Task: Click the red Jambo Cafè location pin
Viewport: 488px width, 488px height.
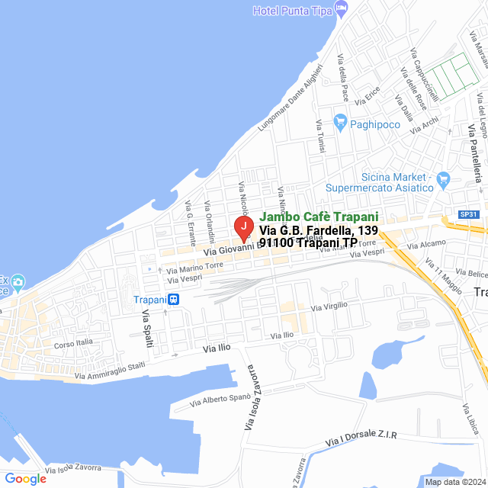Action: point(242,227)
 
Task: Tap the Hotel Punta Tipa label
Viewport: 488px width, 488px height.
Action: point(293,10)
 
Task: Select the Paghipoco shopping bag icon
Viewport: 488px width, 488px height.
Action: point(340,121)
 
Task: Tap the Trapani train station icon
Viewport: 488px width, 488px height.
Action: point(174,300)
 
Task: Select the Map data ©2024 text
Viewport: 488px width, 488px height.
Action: point(454,481)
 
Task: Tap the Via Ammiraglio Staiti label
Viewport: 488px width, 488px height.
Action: point(110,371)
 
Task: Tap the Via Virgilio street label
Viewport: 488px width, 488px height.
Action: point(329,306)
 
